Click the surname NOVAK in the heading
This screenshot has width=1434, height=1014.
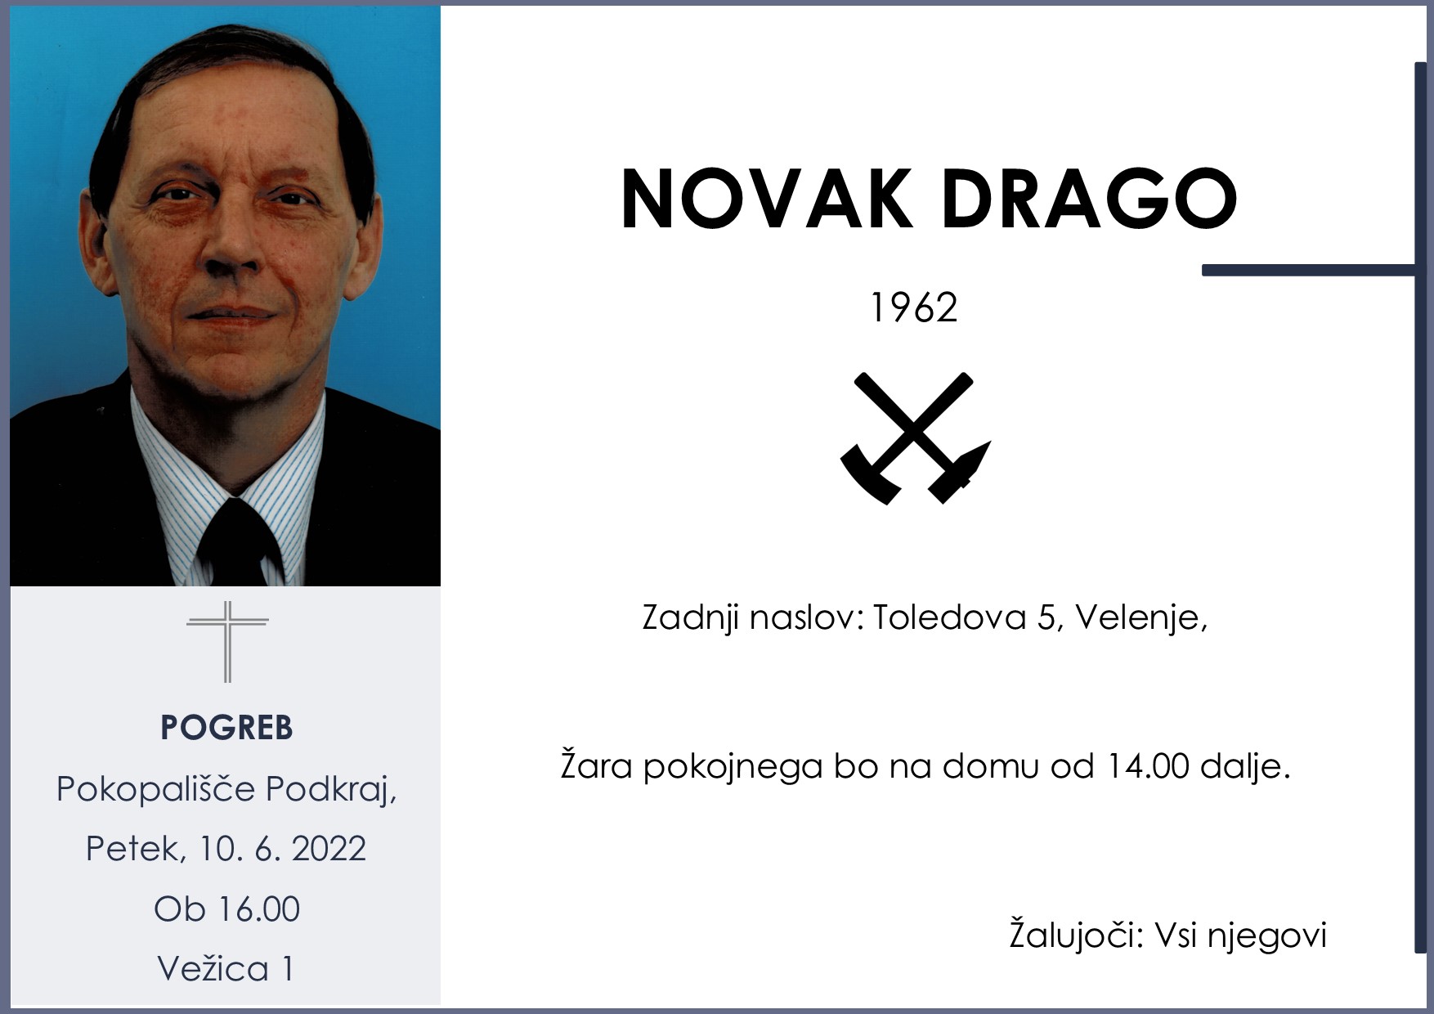click(767, 200)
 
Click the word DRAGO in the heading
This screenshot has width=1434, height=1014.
click(1089, 200)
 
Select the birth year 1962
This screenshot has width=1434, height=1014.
click(913, 308)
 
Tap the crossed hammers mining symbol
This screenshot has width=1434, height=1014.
click(915, 437)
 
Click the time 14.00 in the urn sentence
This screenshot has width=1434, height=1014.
click(1146, 767)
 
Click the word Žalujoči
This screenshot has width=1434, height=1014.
click(1074, 935)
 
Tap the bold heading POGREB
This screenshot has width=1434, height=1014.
click(226, 727)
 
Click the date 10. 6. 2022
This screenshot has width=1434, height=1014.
click(282, 849)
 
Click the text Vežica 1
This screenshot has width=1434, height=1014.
click(225, 969)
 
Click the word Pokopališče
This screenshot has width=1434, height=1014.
click(155, 790)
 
